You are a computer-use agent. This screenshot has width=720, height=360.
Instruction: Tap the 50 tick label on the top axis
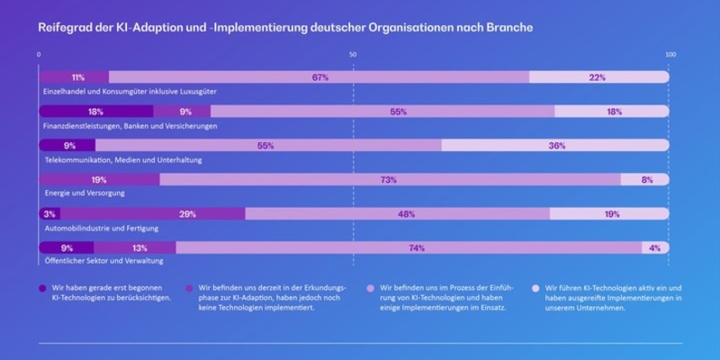click(x=353, y=56)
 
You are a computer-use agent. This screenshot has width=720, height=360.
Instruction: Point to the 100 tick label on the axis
click(x=668, y=56)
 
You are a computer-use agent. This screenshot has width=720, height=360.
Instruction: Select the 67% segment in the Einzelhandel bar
click(x=319, y=77)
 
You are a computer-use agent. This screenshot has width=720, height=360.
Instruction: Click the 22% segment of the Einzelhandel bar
click(x=598, y=77)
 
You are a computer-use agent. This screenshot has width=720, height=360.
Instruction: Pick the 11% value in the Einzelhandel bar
click(x=77, y=77)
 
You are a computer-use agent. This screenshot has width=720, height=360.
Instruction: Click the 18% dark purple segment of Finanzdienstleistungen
click(x=95, y=112)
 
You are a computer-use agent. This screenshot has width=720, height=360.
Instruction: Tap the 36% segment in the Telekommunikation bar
click(x=556, y=146)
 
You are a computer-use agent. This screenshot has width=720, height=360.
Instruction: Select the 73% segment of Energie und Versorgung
click(x=389, y=180)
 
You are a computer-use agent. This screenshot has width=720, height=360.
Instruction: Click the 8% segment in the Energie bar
click(x=646, y=180)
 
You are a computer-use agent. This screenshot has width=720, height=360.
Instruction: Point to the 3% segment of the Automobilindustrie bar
click(x=49, y=214)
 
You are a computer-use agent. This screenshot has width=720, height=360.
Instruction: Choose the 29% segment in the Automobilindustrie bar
click(x=187, y=214)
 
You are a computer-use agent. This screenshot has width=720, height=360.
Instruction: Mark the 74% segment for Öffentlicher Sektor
click(x=416, y=247)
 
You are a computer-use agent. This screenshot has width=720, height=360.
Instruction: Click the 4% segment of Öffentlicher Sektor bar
click(x=655, y=247)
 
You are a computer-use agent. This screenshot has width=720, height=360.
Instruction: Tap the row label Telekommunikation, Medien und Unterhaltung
click(x=123, y=160)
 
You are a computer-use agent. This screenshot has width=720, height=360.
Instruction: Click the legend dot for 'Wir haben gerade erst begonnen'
click(x=42, y=288)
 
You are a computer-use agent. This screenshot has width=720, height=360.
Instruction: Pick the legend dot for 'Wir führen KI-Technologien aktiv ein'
click(x=536, y=288)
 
